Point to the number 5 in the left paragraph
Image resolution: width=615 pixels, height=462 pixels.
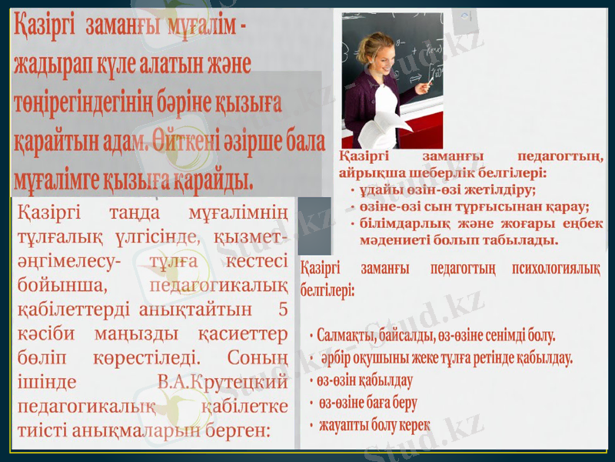pos(284,310)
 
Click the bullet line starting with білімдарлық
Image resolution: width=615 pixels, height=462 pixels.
pos(477,223)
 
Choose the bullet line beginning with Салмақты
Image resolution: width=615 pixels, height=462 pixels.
pos(435,336)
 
